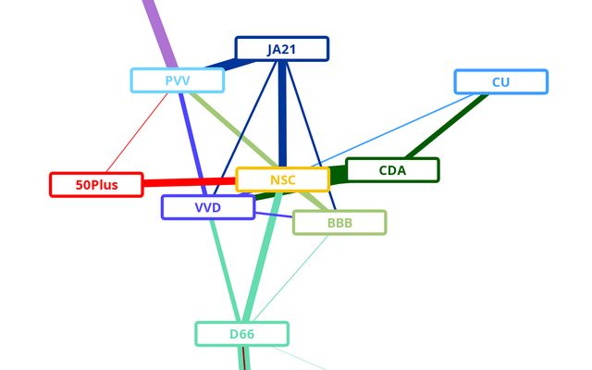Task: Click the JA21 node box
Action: click(x=281, y=49)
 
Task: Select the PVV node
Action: click(x=178, y=80)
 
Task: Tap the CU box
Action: click(x=500, y=82)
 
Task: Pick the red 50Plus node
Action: click(x=96, y=184)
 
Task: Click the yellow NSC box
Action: click(x=282, y=179)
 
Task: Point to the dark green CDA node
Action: click(x=392, y=170)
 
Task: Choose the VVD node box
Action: click(x=207, y=207)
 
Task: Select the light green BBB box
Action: click(x=339, y=222)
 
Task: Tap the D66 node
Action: click(x=241, y=333)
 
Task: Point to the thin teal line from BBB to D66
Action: click(x=291, y=274)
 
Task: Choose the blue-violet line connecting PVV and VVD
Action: click(x=191, y=139)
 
